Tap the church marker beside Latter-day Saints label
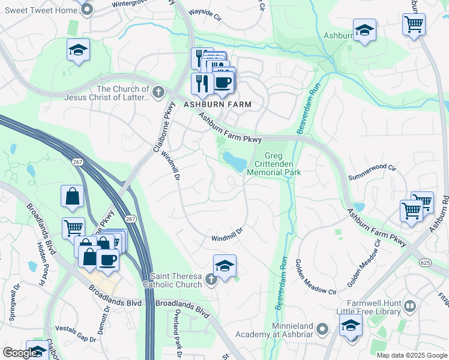tap(158, 92)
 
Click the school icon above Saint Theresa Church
tap(224, 266)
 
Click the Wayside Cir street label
tap(205, 11)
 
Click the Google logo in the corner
tap(19, 353)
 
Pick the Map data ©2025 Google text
tap(411, 355)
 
